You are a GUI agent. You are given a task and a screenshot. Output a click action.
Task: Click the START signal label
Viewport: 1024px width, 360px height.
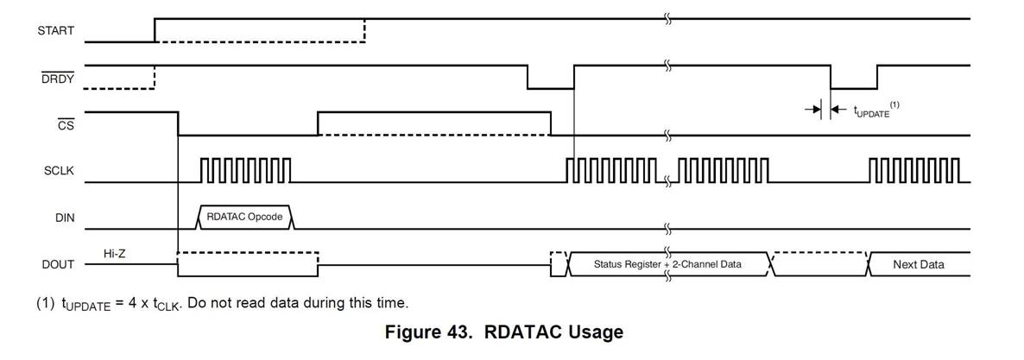[55, 30]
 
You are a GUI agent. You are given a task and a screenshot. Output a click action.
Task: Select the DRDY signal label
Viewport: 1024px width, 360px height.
[57, 79]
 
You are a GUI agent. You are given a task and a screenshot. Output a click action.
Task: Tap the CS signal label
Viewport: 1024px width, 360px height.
[65, 124]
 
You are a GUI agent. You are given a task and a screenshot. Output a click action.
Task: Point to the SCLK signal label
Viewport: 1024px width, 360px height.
[59, 171]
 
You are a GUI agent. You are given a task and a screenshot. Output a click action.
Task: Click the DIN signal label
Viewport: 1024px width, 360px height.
[64, 218]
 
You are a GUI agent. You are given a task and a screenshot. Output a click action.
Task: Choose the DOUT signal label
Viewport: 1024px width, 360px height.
[58, 264]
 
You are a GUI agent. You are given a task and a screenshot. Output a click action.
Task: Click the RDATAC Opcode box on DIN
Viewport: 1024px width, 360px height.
[246, 217]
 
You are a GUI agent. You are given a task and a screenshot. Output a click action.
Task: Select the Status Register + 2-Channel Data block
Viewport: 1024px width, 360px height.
[667, 263]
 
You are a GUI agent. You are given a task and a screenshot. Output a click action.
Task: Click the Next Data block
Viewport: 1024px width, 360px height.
[918, 264]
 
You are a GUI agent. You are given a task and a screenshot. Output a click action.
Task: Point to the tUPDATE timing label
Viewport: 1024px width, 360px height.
[871, 111]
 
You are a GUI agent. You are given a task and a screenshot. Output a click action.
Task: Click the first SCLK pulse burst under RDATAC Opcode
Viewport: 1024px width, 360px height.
[246, 170]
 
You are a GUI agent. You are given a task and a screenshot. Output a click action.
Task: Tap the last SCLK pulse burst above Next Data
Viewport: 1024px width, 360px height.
[913, 170]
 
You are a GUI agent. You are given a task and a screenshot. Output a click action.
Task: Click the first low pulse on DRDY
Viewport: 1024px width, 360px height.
[550, 87]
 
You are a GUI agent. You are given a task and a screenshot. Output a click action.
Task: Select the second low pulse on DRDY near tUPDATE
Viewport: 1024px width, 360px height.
[853, 87]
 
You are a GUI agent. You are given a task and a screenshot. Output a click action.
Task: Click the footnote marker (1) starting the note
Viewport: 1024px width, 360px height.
[44, 303]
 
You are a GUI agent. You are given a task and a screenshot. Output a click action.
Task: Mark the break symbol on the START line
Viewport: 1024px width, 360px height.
[667, 18]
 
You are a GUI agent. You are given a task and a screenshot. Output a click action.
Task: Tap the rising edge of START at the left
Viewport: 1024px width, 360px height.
[155, 29]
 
